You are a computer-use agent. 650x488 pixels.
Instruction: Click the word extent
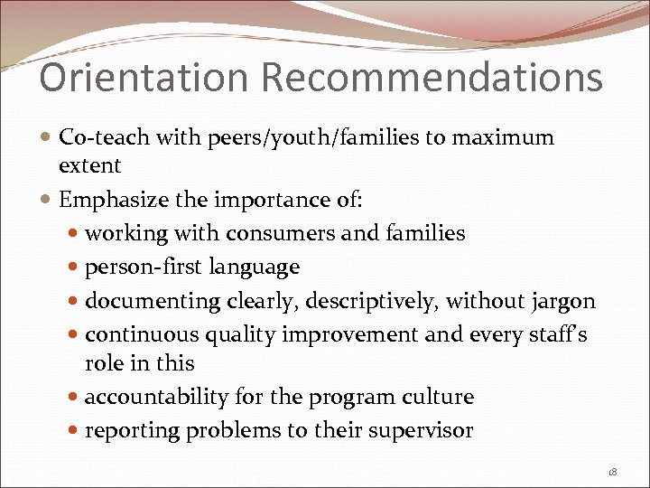coord(89,164)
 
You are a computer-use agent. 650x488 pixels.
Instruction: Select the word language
coord(255,267)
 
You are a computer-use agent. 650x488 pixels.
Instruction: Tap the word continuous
coord(142,334)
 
